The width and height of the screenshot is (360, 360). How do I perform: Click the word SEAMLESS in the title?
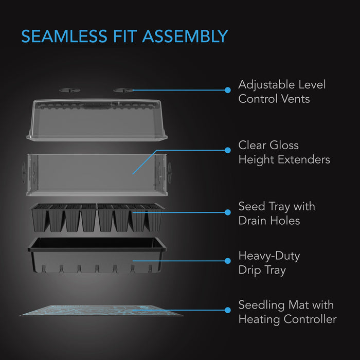click(64, 37)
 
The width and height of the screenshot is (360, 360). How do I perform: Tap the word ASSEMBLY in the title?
click(185, 37)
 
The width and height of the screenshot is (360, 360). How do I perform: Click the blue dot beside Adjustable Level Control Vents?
click(228, 90)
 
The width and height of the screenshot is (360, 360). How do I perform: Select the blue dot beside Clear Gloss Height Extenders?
click(228, 150)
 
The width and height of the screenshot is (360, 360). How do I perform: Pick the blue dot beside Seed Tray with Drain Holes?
click(228, 212)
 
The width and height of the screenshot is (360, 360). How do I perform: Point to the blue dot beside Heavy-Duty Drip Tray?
click(228, 261)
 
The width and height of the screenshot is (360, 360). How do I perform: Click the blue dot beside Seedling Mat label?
click(228, 310)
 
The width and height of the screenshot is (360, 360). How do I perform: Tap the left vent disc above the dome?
click(69, 90)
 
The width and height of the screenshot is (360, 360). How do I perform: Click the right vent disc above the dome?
click(123, 90)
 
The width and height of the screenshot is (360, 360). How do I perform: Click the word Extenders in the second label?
click(304, 159)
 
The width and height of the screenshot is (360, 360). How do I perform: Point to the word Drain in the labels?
click(253, 221)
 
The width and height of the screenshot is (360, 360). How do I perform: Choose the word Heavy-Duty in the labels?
click(269, 256)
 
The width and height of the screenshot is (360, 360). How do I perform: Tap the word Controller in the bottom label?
click(310, 319)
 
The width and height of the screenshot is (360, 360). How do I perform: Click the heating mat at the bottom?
click(101, 311)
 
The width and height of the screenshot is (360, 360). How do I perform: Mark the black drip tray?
click(97, 255)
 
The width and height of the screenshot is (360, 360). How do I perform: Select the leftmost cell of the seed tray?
click(40, 218)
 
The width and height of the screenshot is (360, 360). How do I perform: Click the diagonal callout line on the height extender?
click(145, 162)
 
